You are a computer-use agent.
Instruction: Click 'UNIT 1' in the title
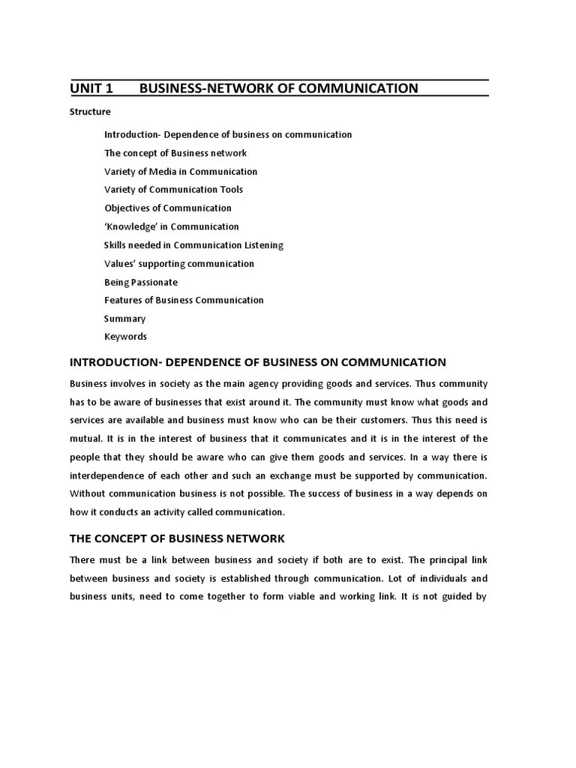click(x=91, y=88)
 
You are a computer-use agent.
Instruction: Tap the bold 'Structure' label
click(x=90, y=112)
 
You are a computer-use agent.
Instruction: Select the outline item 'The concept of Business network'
click(x=175, y=153)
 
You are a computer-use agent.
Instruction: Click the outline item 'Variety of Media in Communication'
click(x=180, y=171)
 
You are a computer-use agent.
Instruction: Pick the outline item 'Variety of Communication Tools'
click(x=173, y=190)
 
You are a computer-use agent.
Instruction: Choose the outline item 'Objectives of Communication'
click(x=167, y=208)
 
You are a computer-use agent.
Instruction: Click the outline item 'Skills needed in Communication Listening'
click(x=193, y=245)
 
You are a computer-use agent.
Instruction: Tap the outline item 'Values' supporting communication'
click(x=178, y=263)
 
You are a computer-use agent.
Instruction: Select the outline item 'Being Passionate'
click(x=141, y=282)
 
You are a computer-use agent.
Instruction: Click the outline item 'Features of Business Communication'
click(x=184, y=300)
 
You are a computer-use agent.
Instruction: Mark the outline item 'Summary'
click(x=124, y=319)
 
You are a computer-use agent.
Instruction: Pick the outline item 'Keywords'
click(x=125, y=337)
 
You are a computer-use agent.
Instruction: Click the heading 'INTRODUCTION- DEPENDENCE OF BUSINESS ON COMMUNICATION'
click(x=257, y=362)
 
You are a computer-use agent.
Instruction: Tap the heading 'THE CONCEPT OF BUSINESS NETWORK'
click(x=177, y=538)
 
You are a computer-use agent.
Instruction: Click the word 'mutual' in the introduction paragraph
click(x=85, y=439)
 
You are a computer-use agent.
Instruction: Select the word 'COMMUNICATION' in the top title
click(x=358, y=88)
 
